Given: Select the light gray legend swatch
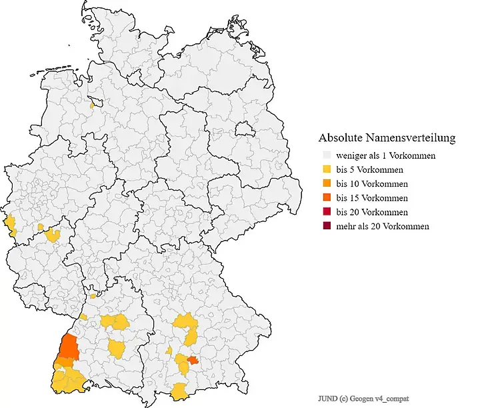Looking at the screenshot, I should pos(326,155).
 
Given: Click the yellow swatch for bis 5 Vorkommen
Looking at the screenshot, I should pos(326,169).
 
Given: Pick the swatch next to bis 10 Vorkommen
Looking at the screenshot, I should pos(326,184).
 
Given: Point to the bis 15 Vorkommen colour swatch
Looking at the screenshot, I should pos(326,198).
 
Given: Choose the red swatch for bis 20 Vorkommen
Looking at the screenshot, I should pos(326,212).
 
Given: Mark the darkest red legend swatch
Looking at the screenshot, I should pos(326,226).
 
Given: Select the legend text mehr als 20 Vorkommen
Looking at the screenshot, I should pos(383,226).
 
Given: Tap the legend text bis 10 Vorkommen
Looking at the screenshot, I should pos(372,184).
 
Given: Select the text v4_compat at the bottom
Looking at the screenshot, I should pos(396,398).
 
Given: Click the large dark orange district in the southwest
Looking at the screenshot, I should pos(67,347).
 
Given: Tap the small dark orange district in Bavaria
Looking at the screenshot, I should pos(193,360).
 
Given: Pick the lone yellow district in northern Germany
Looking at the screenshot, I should pos(92,105).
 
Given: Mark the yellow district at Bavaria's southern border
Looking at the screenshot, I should pos(179,391).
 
